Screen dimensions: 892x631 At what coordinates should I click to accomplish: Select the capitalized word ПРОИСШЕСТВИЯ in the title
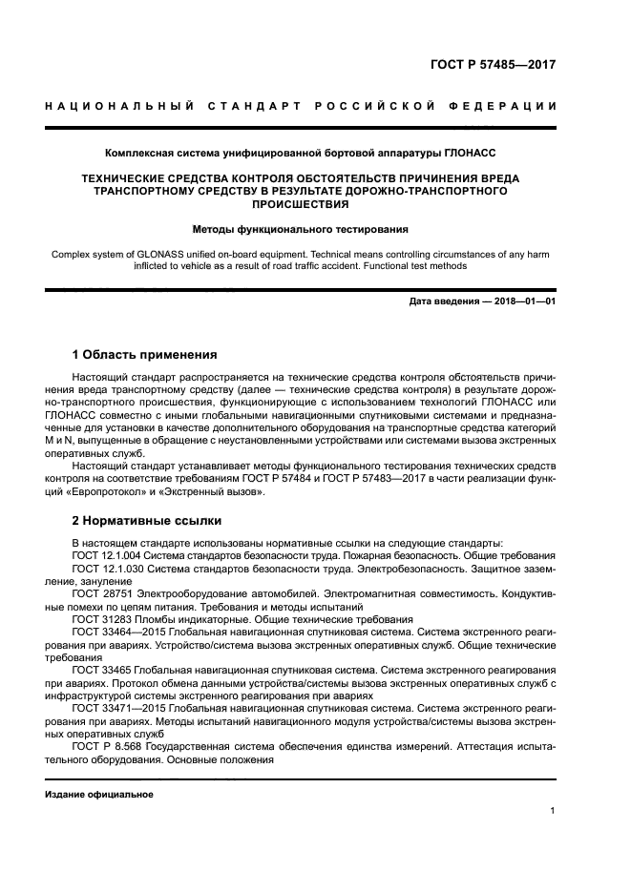point(301,204)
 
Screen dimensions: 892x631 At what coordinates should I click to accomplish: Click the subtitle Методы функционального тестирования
point(301,229)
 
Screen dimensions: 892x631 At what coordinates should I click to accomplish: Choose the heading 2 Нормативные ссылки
point(147,521)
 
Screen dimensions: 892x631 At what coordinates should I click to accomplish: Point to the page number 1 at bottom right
point(553,811)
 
